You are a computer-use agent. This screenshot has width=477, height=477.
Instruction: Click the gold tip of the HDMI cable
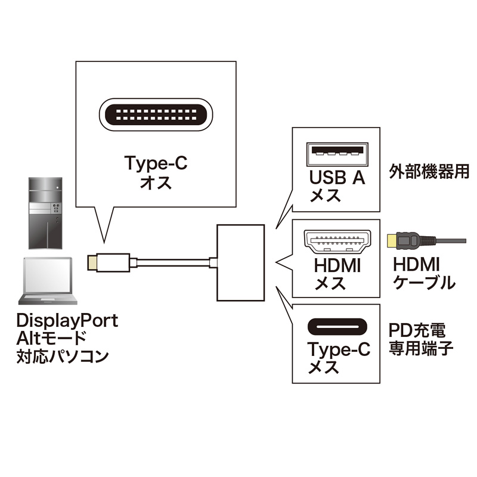(392, 241)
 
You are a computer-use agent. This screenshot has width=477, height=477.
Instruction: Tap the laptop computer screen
(47, 274)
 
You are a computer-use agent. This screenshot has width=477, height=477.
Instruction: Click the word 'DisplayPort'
(67, 320)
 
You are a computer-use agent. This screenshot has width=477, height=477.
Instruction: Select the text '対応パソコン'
(63, 357)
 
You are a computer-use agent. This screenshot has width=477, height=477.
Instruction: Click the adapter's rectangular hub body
(241, 262)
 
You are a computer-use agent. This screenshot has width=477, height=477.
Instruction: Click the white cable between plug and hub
(173, 262)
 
